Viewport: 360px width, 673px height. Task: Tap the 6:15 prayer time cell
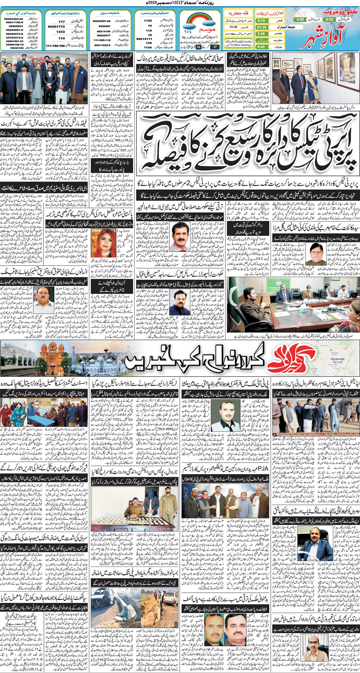(261, 21)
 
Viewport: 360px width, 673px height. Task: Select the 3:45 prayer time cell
(261, 34)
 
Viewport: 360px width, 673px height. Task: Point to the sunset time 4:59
(300, 19)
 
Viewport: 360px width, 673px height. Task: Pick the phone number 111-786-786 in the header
(55, 46)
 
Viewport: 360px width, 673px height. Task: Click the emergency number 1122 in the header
(148, 21)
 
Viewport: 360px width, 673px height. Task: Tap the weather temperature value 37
(215, 47)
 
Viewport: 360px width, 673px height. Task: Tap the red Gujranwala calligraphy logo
(294, 358)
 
